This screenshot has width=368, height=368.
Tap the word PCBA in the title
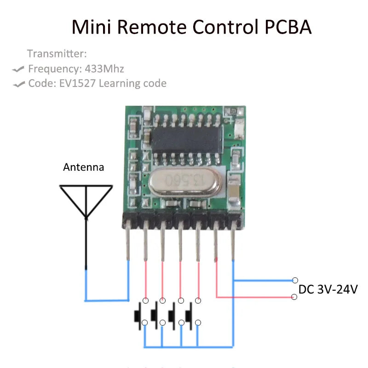(x=288, y=27)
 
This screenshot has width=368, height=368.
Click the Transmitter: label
(x=57, y=54)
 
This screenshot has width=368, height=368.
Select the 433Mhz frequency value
(x=104, y=69)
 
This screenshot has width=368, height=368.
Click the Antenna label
(x=83, y=167)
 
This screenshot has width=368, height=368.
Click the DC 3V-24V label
(x=328, y=290)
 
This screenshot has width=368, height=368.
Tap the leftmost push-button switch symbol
(x=139, y=315)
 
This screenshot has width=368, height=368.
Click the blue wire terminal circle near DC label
(x=294, y=280)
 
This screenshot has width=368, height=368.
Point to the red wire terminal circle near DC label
(x=294, y=297)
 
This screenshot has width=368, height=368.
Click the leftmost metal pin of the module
(x=128, y=244)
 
